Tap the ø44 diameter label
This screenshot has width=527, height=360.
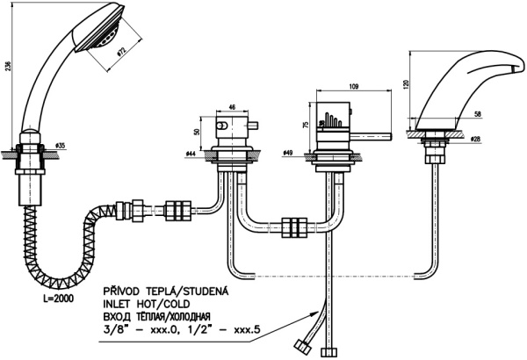point(190,154)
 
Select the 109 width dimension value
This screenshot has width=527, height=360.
point(355,85)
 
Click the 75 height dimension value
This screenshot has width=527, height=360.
point(305,125)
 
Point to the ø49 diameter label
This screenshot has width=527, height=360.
point(290,153)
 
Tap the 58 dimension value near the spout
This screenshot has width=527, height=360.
point(477,114)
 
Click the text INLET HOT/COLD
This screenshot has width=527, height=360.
point(148,303)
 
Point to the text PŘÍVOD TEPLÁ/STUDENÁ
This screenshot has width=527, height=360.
point(167,290)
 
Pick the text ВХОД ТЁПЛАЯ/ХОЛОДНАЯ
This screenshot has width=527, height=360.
point(167,316)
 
